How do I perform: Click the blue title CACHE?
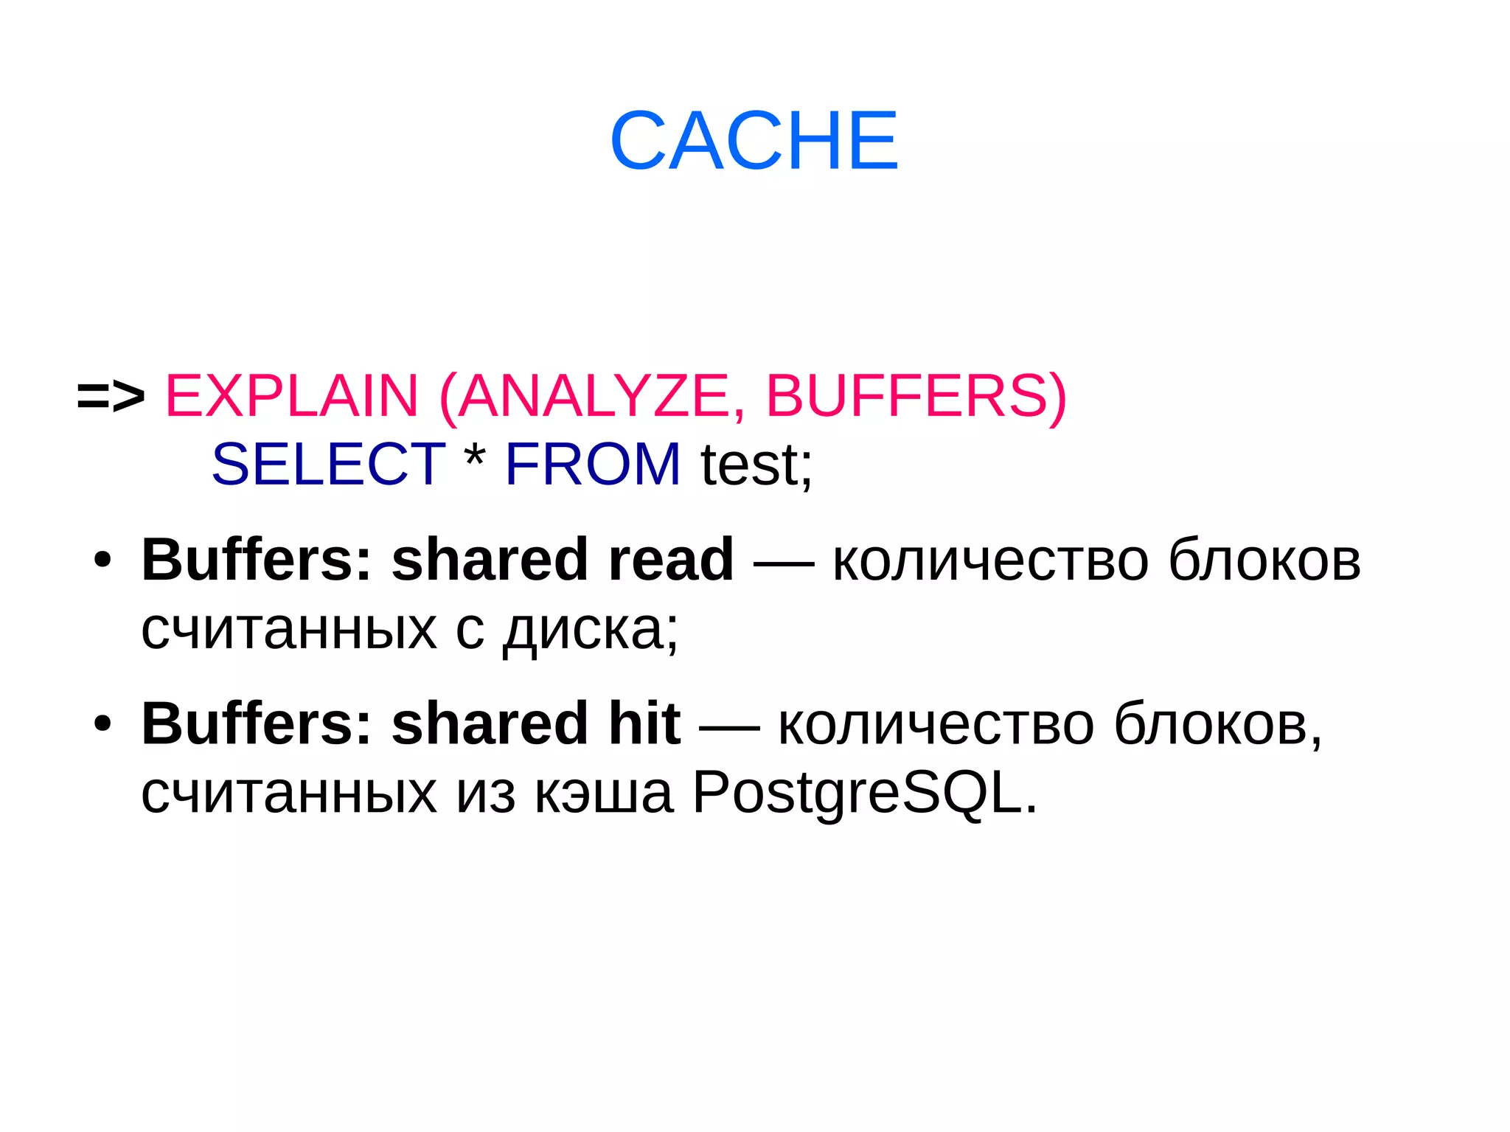pos(754,140)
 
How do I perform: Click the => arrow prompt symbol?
pos(111,397)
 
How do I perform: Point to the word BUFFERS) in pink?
pos(916,397)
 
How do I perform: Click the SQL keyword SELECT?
pos(328,464)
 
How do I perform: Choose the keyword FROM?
pos(593,464)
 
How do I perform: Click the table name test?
pos(756,465)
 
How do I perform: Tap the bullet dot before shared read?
pos(102,560)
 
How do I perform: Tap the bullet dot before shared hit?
pos(102,723)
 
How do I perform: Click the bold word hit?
pos(644,723)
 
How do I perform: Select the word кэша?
pos(603,795)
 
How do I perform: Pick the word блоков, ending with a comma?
pos(1217,725)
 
